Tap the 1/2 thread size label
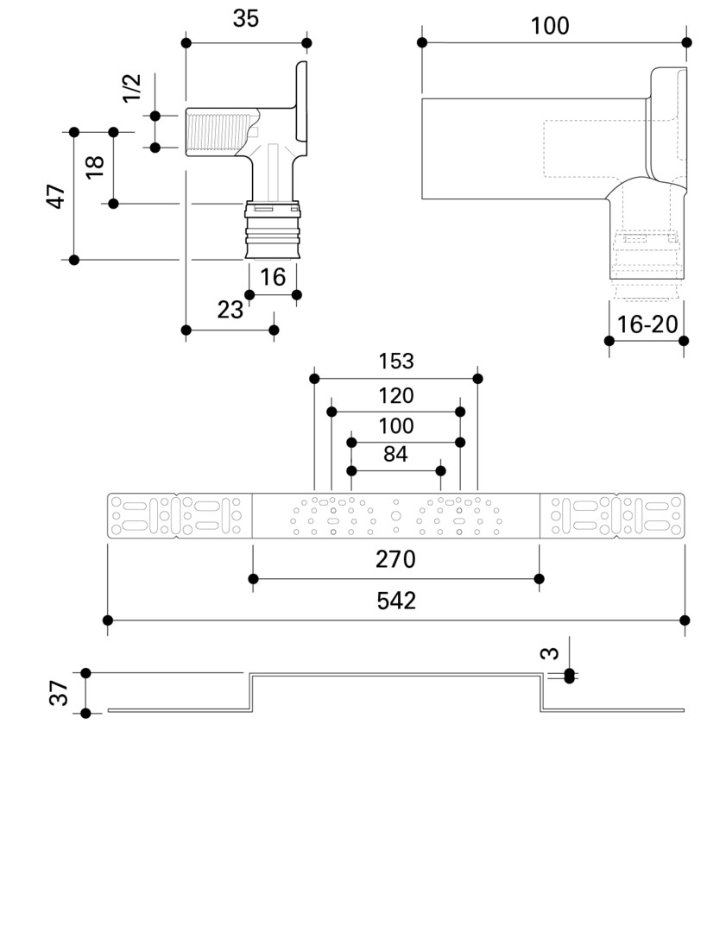[131, 88]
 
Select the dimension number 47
[56, 196]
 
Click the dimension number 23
[230, 310]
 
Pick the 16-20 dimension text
[647, 324]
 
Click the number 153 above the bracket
[396, 361]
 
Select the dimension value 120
[396, 396]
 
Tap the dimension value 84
[395, 454]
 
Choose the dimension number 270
[395, 559]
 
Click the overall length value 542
[396, 601]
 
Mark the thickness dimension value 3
[550, 653]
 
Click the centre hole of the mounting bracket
[396, 516]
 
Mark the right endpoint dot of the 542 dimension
[685, 620]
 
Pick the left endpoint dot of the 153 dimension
[314, 379]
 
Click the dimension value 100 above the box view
[550, 26]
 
